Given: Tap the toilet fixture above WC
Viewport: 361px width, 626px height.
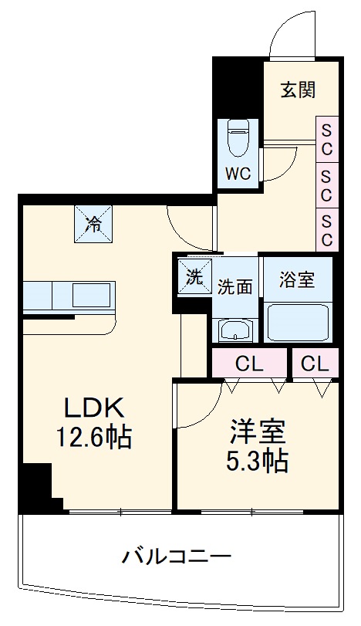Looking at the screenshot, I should click(236, 140).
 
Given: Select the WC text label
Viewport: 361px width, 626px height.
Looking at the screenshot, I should click(238, 174).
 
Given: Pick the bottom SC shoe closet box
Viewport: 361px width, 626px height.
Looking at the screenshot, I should click(326, 229).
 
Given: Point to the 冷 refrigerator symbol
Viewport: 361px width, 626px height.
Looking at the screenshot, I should click(93, 225).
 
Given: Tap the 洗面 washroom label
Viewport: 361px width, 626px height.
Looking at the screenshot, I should click(234, 286).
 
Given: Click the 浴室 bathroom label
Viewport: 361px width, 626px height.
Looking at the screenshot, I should click(297, 279).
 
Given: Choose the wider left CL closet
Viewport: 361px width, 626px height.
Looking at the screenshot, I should click(248, 362).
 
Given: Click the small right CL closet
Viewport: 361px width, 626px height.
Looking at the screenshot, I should click(314, 362).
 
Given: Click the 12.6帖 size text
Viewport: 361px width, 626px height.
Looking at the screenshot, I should click(93, 438).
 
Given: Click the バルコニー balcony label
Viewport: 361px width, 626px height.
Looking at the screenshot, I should click(176, 555).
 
